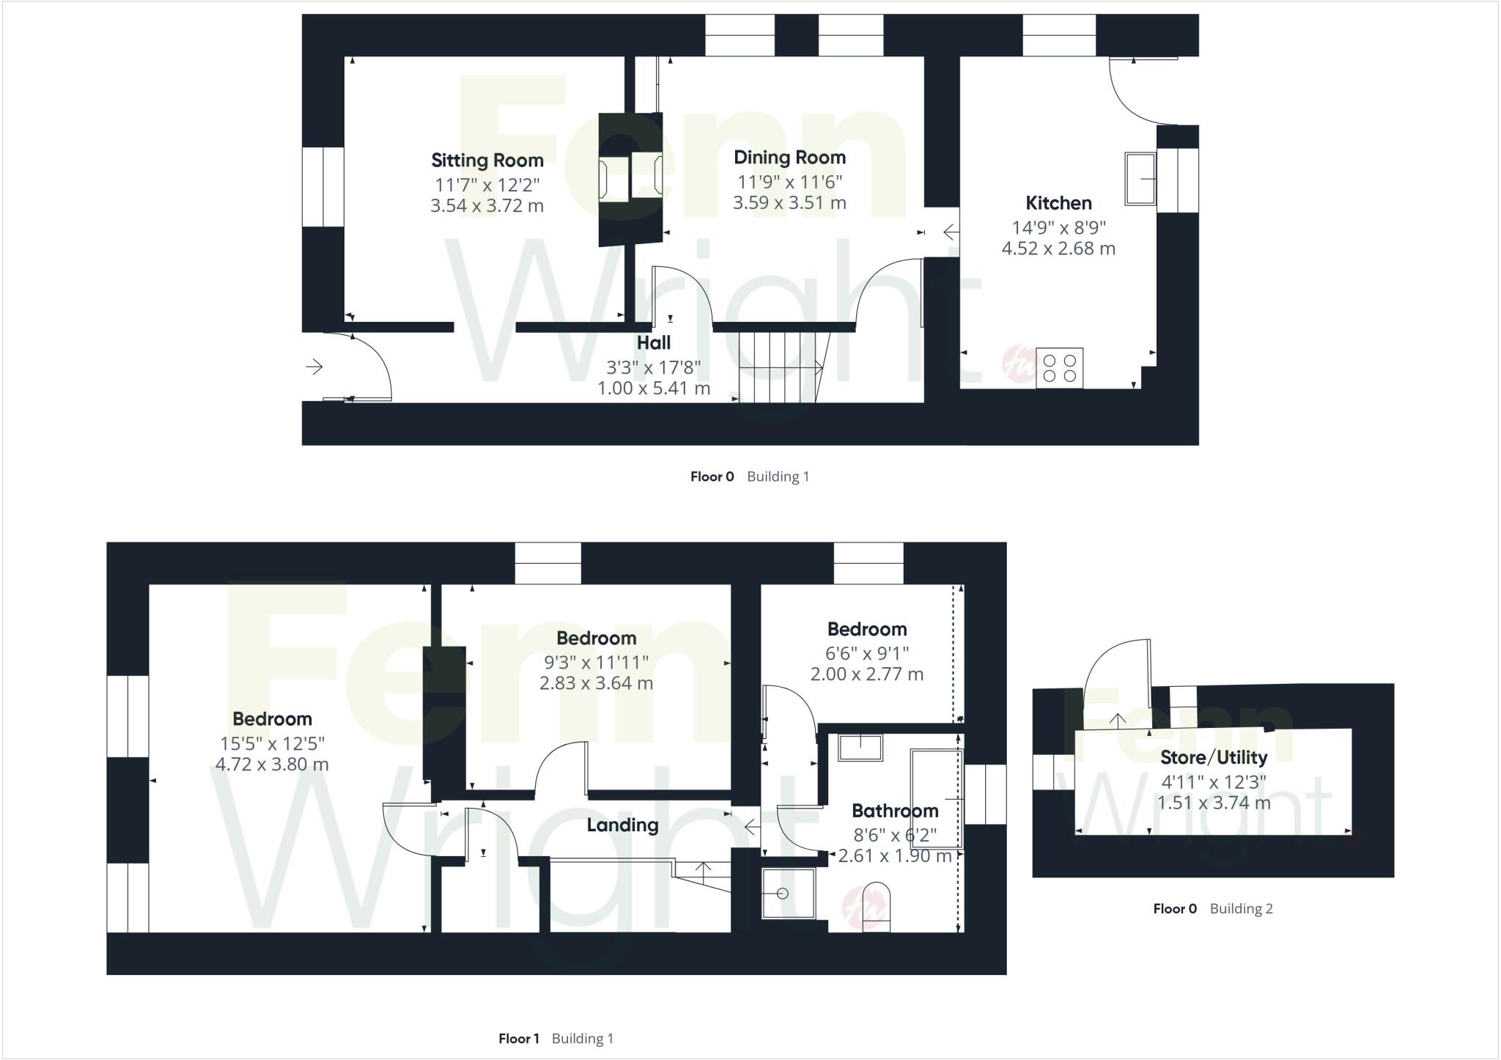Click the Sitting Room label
point(487,161)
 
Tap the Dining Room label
point(789,158)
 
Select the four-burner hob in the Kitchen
point(1059,368)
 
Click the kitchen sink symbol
point(1140,178)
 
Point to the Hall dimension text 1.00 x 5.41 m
point(654,388)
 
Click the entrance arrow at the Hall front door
point(314,366)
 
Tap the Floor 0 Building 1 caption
point(749,476)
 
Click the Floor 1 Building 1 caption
point(556,1038)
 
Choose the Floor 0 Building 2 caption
point(1212,908)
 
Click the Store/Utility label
point(1214,757)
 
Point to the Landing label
point(622,825)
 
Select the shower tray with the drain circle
point(787,893)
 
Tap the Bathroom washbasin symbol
point(860,748)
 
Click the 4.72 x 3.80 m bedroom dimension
point(272,765)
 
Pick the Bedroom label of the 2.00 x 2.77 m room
point(867,629)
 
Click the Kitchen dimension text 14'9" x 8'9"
point(1058,227)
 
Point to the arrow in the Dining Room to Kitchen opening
point(951,232)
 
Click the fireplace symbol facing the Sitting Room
point(613,179)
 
